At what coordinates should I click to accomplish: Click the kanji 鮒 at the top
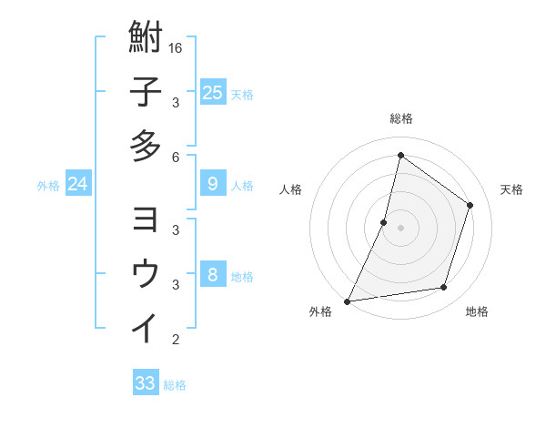[146, 39]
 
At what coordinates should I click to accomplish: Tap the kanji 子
[146, 92]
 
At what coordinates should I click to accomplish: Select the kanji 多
[146, 146]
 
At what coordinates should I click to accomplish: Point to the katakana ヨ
[146, 221]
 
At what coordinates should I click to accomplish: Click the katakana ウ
[146, 274]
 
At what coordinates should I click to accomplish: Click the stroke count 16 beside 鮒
[177, 47]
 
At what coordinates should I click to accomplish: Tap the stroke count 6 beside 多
[177, 157]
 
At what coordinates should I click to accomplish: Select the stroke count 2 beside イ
[177, 341]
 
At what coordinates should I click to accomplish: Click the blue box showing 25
[212, 92]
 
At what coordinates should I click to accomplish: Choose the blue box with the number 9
[212, 184]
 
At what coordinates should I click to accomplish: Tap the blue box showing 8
[212, 275]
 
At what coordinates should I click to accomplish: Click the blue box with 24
[78, 184]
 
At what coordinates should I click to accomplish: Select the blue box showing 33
[146, 383]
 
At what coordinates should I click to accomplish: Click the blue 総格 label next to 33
[175, 385]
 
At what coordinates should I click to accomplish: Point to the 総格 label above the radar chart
[400, 118]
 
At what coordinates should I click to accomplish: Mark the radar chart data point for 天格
[470, 205]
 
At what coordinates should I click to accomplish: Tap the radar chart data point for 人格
[384, 222]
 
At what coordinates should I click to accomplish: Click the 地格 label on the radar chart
[477, 311]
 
